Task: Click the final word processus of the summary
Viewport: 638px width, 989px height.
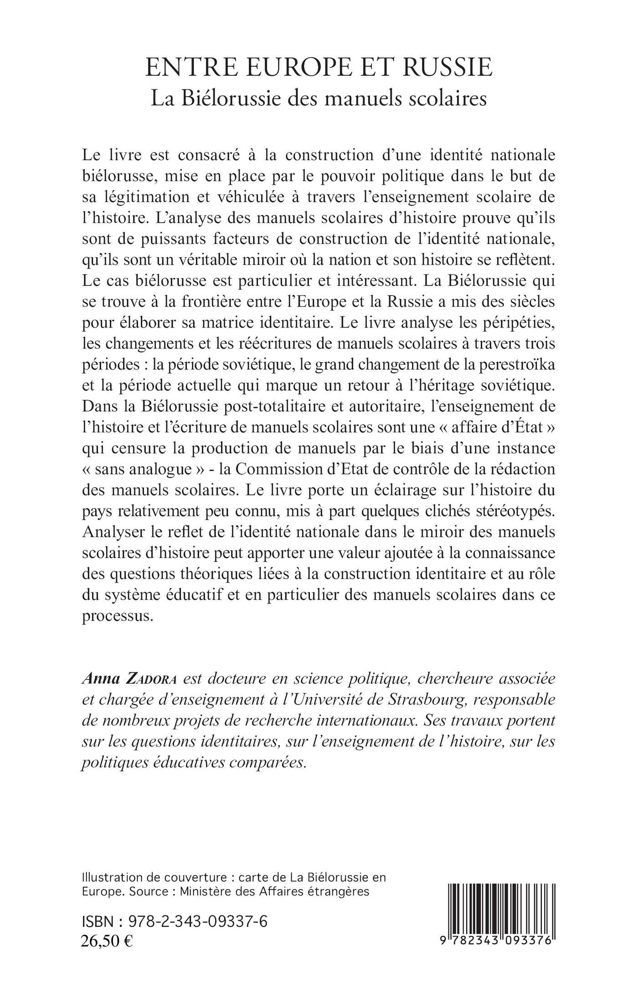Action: click(116, 617)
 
